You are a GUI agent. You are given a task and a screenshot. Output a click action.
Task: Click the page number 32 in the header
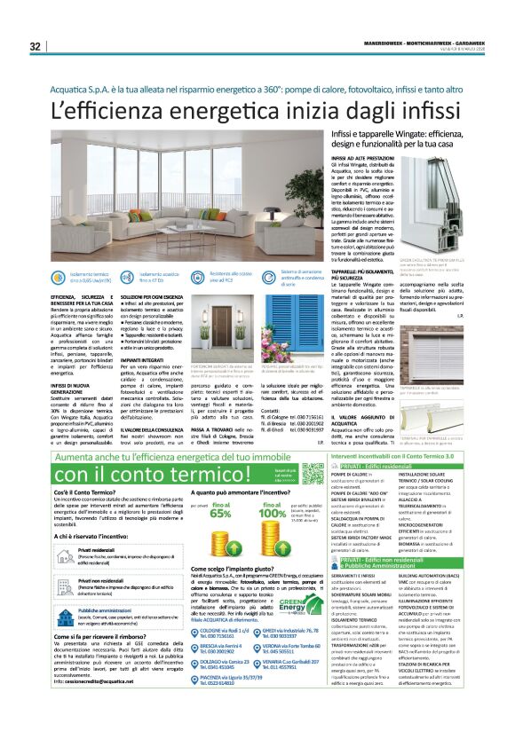point(35,47)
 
